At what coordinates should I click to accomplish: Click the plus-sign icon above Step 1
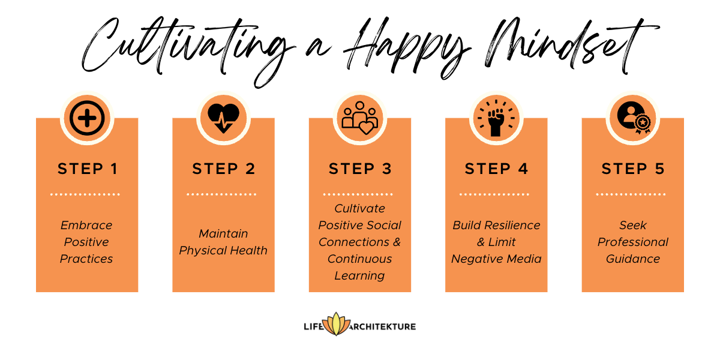click(x=87, y=118)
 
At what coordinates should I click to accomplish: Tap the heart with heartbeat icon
click(x=223, y=118)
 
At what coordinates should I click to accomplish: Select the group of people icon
click(x=359, y=118)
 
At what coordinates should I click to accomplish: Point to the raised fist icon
click(x=496, y=118)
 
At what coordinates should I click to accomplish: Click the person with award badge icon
click(x=634, y=118)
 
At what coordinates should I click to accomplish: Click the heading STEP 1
click(x=88, y=169)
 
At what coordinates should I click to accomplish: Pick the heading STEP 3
click(x=360, y=169)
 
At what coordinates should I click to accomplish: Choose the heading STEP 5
click(x=633, y=169)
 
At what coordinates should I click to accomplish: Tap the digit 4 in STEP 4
click(x=523, y=169)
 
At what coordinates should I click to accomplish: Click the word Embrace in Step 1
click(x=86, y=225)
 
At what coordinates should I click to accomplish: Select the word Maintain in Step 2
click(x=223, y=233)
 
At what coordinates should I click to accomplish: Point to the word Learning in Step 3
click(x=359, y=276)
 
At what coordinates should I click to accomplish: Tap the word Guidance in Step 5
click(x=633, y=259)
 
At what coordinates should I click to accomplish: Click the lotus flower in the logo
click(x=336, y=324)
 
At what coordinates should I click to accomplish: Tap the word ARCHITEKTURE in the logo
click(x=382, y=327)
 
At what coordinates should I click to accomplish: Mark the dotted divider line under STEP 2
click(x=221, y=194)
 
